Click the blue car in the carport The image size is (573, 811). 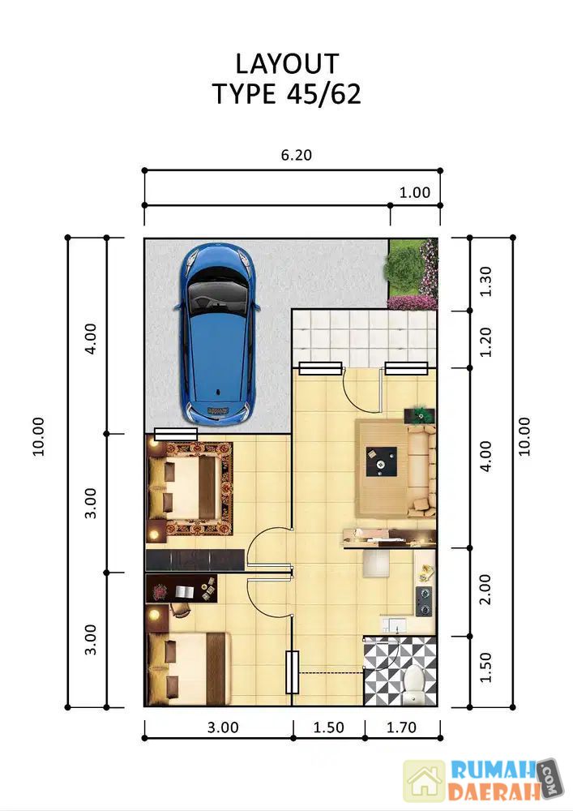(x=217, y=333)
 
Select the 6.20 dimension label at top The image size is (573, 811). (x=296, y=155)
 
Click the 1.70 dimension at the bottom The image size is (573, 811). (x=401, y=727)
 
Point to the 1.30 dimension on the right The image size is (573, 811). (x=485, y=281)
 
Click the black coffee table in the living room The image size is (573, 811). (x=381, y=461)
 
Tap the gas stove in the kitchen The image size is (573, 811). (x=425, y=601)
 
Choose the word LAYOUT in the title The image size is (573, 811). (x=287, y=64)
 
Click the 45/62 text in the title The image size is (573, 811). (x=323, y=94)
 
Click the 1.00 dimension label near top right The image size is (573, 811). (x=414, y=192)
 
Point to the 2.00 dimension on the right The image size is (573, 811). (x=485, y=590)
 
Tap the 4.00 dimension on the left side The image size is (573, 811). (x=91, y=338)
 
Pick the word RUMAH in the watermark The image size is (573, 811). (x=493, y=770)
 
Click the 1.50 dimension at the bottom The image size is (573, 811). (x=328, y=727)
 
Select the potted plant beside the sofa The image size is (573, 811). (x=420, y=414)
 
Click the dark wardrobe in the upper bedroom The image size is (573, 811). (x=195, y=560)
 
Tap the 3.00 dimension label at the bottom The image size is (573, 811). (x=223, y=727)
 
